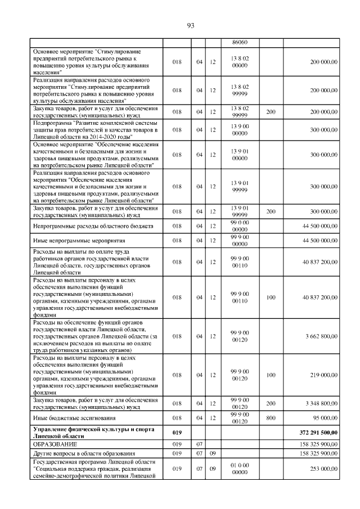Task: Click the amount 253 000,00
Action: [x=323, y=468]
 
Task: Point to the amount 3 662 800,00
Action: [x=321, y=336]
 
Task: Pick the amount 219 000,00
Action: [x=323, y=375]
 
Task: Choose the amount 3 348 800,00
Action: [x=321, y=403]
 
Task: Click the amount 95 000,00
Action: [x=324, y=418]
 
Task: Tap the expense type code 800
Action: [x=271, y=418]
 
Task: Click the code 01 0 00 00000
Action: [x=240, y=468]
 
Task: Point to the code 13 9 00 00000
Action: [x=240, y=129]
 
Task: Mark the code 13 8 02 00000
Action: [x=240, y=61]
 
